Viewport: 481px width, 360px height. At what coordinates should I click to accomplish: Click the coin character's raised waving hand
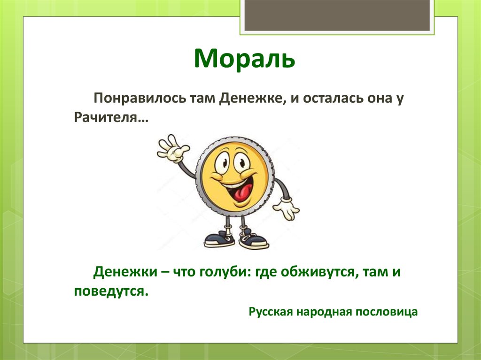pos(172,147)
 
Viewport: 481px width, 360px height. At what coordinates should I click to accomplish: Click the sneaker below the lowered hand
pos(253,241)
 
